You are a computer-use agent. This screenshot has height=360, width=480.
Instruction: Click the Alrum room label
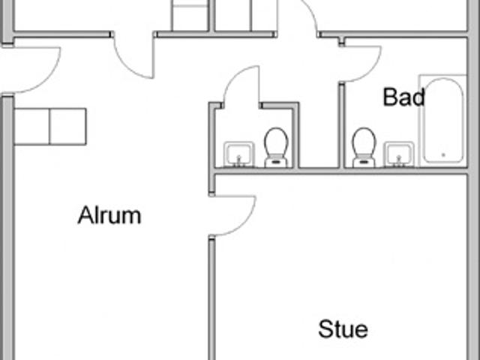coord(109,215)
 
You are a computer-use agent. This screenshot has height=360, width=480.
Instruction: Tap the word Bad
coord(403,97)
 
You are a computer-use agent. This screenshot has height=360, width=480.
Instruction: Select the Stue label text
coord(343,329)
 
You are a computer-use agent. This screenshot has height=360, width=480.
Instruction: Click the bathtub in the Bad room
coord(443,120)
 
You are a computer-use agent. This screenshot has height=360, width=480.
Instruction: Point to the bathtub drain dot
coord(443,155)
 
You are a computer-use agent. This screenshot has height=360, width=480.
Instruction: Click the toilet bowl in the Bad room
coord(364,142)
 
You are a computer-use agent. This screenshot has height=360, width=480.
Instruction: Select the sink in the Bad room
coord(399,154)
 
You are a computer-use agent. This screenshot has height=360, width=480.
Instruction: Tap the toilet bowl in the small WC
coord(277,142)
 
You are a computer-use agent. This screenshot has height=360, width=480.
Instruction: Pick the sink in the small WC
coord(238,154)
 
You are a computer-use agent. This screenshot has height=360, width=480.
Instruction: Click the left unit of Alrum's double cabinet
coord(31,127)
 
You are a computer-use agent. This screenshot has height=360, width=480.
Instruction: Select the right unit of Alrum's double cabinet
coord(67,127)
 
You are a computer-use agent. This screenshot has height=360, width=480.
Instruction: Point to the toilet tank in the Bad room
coord(364,162)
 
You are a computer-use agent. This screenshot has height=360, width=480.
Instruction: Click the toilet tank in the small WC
coord(276,162)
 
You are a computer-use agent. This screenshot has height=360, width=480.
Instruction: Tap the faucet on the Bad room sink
coord(398,160)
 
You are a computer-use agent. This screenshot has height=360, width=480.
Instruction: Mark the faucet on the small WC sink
coord(239,160)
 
